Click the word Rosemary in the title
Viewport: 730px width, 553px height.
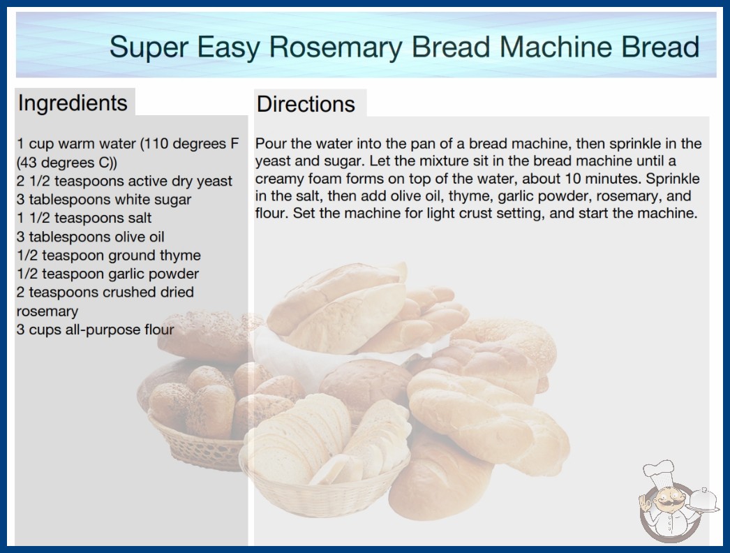coord(335,47)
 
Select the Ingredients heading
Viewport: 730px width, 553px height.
coord(73,103)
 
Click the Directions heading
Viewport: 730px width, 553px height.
coord(306,104)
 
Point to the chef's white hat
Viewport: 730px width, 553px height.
coord(660,471)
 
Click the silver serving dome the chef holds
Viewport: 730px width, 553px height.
coord(703,501)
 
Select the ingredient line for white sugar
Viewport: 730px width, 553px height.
coord(104,200)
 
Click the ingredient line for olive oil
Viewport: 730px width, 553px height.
coord(90,237)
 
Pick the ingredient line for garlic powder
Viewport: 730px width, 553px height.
coord(107,274)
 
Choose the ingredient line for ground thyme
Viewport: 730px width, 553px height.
coord(108,256)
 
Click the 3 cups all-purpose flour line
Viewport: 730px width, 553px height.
coord(95,330)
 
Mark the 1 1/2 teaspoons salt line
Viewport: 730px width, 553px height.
coord(84,218)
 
